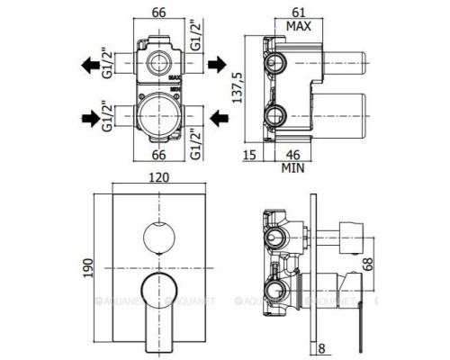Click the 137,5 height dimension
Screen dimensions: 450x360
(x=237, y=88)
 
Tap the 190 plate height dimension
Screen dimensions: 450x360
(x=88, y=268)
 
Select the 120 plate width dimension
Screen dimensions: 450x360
(x=159, y=177)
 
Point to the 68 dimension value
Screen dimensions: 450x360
(x=368, y=264)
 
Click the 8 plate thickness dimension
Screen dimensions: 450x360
(x=321, y=348)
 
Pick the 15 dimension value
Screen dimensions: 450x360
(x=249, y=155)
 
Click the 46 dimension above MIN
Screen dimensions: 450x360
(x=292, y=155)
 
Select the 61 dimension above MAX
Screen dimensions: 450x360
(x=299, y=13)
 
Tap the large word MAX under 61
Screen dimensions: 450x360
(x=299, y=26)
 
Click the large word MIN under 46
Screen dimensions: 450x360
(x=292, y=168)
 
